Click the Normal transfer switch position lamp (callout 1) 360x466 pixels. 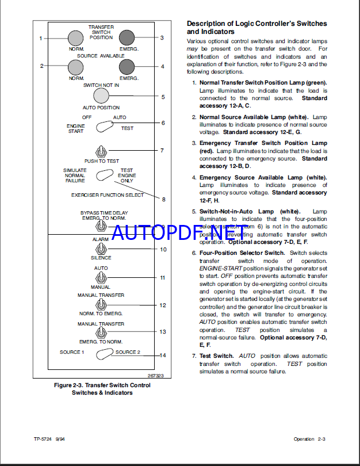(76, 38)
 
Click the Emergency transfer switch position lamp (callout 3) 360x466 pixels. (127, 38)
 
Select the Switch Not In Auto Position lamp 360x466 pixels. (101, 96)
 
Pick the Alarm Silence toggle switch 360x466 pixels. (101, 249)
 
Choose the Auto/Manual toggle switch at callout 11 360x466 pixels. (101, 277)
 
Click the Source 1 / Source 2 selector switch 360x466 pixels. (104, 354)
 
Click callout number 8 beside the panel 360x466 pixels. (163, 200)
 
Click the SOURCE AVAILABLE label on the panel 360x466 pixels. (101, 56)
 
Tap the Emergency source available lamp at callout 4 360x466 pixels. (127, 67)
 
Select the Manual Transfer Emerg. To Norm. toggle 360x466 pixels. (101, 334)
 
